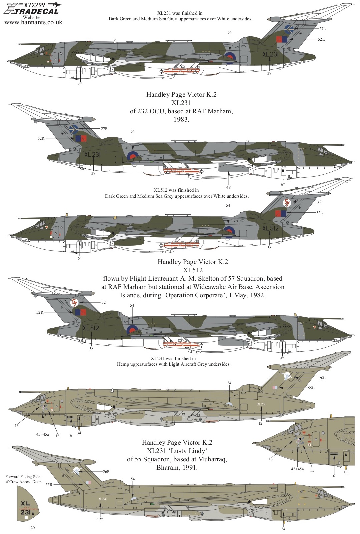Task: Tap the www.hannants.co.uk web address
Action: [x=33, y=23]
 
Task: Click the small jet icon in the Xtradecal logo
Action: [x=55, y=5]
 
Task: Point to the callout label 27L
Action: [x=322, y=29]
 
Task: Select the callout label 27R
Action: [x=104, y=129]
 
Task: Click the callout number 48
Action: [x=228, y=187]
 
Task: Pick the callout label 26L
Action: [x=322, y=378]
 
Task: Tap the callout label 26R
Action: [x=106, y=472]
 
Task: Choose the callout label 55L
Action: [x=311, y=388]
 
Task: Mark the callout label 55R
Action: [x=49, y=484]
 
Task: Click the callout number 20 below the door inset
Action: [x=33, y=528]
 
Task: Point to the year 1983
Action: [x=181, y=119]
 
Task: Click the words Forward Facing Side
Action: [x=23, y=477]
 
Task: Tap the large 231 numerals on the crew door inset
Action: [x=25, y=512]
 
